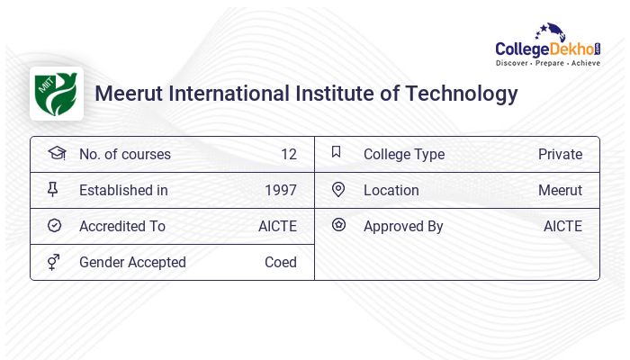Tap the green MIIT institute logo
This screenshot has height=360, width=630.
56,93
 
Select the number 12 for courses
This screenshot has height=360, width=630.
288,154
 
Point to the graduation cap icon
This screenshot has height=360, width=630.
56,153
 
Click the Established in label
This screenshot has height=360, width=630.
123,190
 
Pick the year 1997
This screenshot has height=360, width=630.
280,190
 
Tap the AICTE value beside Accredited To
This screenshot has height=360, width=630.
277,226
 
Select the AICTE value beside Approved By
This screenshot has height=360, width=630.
562,226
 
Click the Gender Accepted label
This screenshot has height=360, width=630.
132,262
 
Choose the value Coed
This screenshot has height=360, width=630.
280,262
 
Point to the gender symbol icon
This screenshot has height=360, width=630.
55,262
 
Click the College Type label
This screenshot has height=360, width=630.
403,154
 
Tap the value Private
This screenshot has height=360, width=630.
560,154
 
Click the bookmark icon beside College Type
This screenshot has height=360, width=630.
337,152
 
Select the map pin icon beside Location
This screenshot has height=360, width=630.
338,189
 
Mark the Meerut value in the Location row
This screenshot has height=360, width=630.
560,190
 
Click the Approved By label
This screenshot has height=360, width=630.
403,226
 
